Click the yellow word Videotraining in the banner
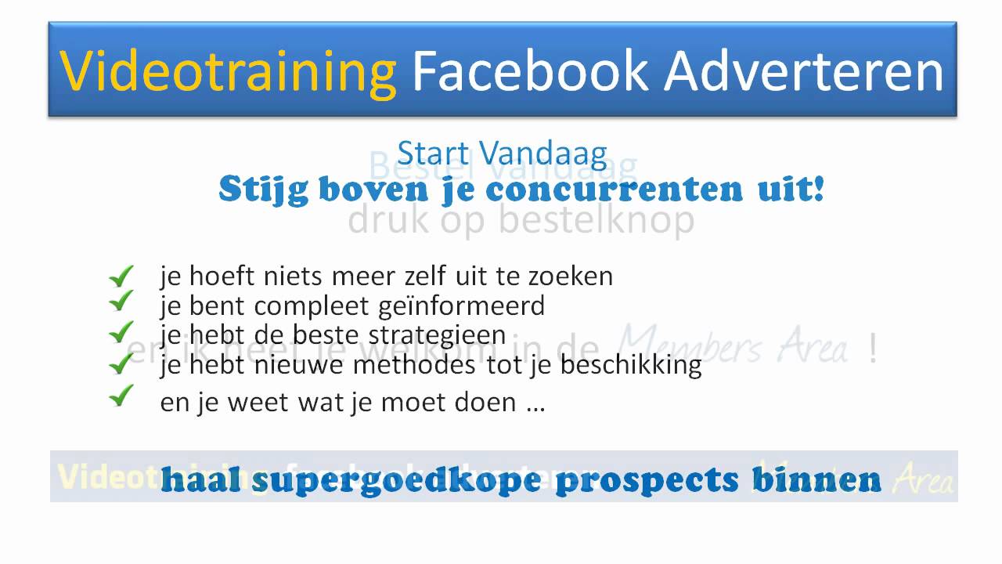tap(228, 71)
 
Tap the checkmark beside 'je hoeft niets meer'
tap(121, 276)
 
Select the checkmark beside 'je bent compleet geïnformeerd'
tap(121, 301)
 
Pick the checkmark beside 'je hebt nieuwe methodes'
tap(121, 363)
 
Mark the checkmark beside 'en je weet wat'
tap(121, 397)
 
